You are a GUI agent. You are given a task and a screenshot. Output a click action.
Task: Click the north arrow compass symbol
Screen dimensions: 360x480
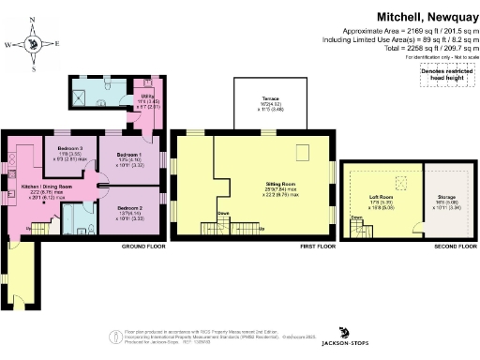34,42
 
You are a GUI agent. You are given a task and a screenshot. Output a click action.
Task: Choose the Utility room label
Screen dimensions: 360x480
146,96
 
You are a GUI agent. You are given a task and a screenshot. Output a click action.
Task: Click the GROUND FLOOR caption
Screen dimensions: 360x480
143,246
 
